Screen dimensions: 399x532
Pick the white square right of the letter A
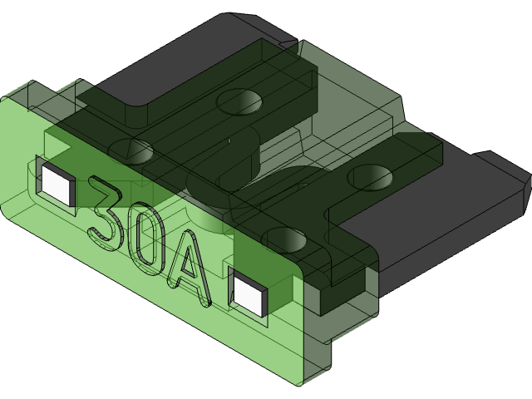[249, 293]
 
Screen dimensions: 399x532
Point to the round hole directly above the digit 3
[129, 152]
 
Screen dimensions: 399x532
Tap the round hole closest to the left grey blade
[239, 101]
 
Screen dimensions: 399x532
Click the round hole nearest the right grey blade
[370, 176]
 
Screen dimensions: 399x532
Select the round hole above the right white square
[284, 239]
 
